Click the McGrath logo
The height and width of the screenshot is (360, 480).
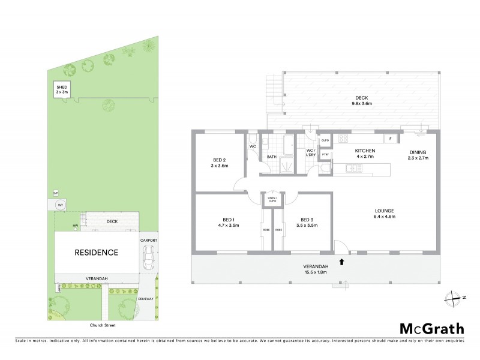click(x=431, y=328)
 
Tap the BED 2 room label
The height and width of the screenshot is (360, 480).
click(x=219, y=163)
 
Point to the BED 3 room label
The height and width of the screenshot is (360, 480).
click(x=306, y=222)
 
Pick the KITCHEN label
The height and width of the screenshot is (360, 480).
click(x=365, y=153)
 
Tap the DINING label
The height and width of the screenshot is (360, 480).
click(x=418, y=154)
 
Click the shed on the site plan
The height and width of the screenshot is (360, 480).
click(x=62, y=91)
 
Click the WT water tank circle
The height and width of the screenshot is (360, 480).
click(x=60, y=205)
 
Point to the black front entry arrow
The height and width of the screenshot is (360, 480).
click(x=342, y=261)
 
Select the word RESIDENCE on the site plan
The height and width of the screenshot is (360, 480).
click(x=96, y=253)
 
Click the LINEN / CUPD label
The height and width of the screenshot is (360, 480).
click(x=272, y=199)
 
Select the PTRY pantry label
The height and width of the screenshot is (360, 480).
click(x=325, y=155)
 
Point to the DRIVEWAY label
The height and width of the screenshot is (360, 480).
click(x=146, y=298)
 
